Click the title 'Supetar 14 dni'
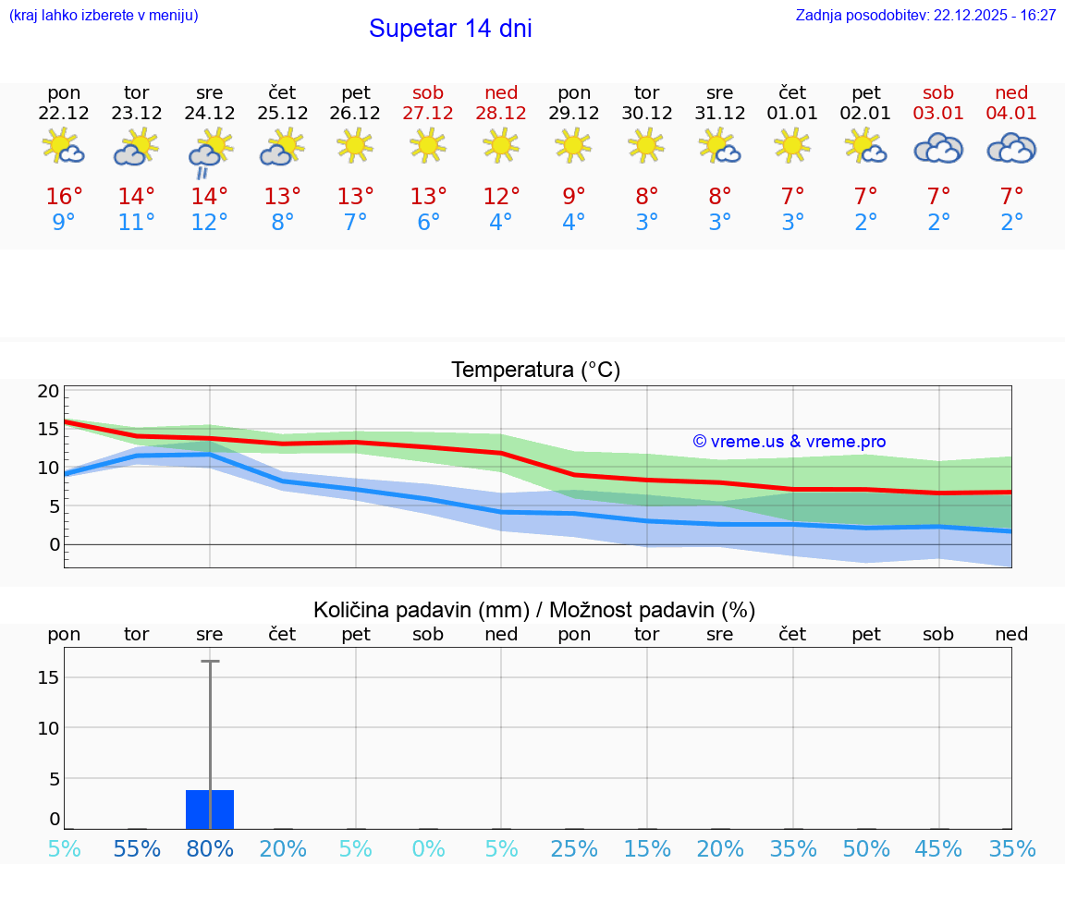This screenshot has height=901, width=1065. click(450, 29)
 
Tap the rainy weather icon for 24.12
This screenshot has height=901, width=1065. click(209, 152)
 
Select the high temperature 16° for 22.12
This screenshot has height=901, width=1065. click(64, 197)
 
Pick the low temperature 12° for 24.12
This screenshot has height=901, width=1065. click(209, 223)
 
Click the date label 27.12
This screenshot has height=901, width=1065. click(428, 114)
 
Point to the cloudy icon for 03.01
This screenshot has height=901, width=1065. click(938, 148)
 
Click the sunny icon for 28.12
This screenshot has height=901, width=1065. click(501, 144)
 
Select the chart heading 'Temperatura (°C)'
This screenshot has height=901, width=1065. click(535, 371)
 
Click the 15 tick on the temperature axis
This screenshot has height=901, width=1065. click(48, 429)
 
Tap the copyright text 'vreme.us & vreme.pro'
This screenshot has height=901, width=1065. click(790, 442)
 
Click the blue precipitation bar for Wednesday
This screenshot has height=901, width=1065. click(210, 810)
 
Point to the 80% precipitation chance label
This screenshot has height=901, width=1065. click(210, 849)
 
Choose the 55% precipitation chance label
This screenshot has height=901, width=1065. click(137, 849)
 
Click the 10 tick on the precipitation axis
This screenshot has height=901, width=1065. click(48, 728)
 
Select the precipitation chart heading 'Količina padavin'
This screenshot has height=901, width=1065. click(534, 610)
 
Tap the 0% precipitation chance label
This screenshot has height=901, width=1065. click(428, 849)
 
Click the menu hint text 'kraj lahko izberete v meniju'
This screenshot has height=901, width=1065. click(104, 16)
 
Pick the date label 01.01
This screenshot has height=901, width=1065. click(792, 114)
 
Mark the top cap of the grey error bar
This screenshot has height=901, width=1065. click(210, 662)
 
